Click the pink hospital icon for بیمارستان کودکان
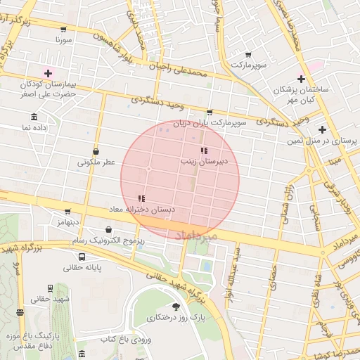(x=49, y=72)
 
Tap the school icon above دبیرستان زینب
(x=204, y=150)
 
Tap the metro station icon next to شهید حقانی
(x=50, y=288)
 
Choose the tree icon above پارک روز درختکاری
(x=175, y=307)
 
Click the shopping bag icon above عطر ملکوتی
(x=96, y=151)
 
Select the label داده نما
(x=34, y=128)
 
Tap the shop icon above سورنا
(x=64, y=30)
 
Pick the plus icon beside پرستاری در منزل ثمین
(x=322, y=129)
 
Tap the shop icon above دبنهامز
(x=67, y=211)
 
